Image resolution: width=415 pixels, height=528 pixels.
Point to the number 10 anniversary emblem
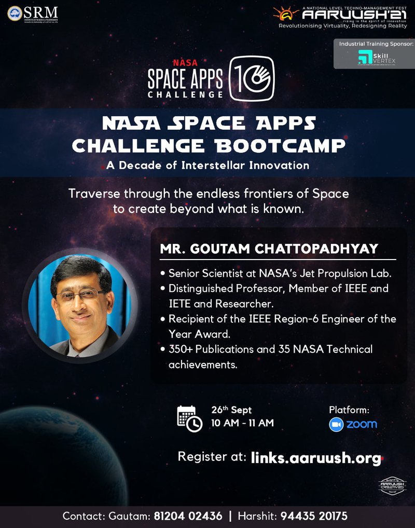[252, 78]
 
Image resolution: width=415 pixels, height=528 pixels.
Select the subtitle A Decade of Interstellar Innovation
[208, 166]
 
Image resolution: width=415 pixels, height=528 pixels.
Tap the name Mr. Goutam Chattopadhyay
[269, 249]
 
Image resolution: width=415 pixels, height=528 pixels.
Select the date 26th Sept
[231, 410]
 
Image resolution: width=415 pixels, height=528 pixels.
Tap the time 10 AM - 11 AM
[242, 423]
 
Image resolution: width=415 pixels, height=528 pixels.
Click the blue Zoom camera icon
[336, 424]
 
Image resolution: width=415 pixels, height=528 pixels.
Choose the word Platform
[349, 410]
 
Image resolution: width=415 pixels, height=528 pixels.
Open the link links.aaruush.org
[316, 458]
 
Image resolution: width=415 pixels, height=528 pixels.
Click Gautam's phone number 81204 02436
[188, 517]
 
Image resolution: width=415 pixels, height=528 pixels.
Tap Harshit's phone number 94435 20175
[314, 517]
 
